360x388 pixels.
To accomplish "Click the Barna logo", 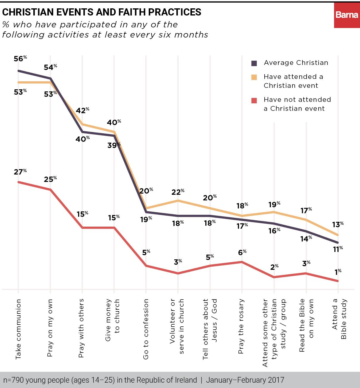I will coord(347,15).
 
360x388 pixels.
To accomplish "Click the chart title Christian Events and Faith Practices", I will coord(102,12).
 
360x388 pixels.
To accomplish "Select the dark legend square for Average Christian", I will coord(254,63).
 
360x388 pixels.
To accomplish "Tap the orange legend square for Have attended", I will coord(254,77).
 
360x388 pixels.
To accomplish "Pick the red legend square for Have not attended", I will coord(254,100).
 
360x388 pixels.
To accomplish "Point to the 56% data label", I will coord(20,59).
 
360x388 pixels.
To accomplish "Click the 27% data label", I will coord(20,172).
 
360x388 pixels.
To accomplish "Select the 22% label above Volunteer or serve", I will coord(178,192).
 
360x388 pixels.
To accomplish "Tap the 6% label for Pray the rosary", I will coord(242,253).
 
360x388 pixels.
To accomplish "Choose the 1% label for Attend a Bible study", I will coord(338,272).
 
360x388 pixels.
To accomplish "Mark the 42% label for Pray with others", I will coord(82,110).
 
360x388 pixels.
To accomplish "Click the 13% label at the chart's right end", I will coord(338,225).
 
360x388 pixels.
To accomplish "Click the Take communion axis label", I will coord(18,329).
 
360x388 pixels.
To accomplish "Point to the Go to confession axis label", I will coord(146,329).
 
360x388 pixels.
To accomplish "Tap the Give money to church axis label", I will coord(112,320).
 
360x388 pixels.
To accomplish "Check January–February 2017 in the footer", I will coord(245,380).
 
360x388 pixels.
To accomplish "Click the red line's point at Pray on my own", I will coord(50,190).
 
